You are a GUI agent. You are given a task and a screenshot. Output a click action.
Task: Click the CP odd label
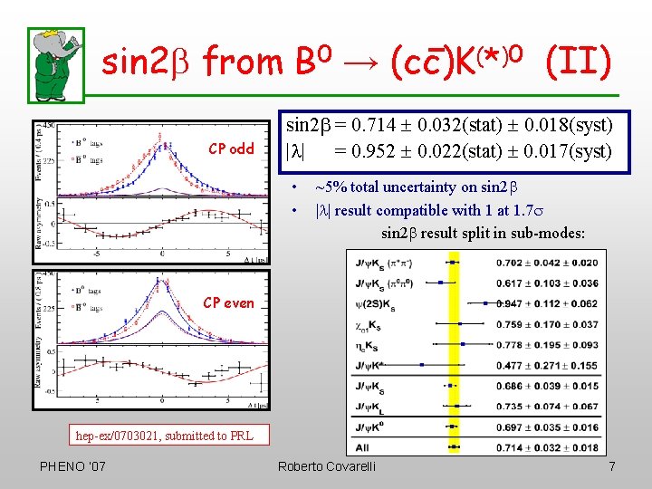coord(231,149)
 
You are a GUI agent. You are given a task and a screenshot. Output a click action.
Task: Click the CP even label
coord(228,302)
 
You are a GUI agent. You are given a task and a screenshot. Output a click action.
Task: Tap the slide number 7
coord(612,466)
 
